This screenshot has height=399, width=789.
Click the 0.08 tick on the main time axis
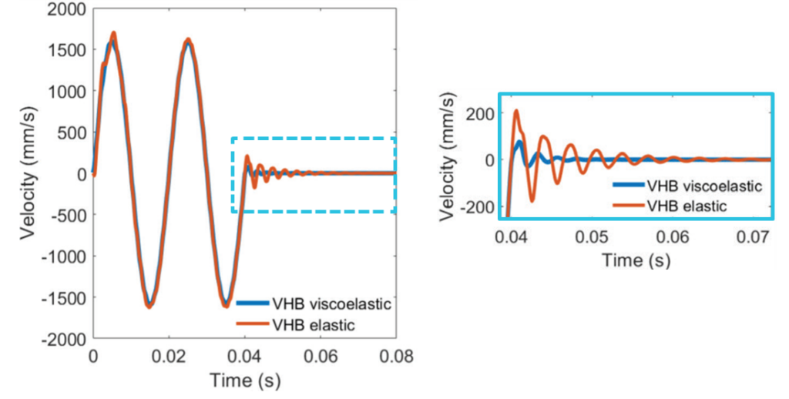[396, 356]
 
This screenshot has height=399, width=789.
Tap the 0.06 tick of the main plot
[321, 356]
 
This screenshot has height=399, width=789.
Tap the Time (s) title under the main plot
[244, 380]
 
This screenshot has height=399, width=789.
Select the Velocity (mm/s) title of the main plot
[29, 174]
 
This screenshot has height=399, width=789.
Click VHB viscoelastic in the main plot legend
[332, 303]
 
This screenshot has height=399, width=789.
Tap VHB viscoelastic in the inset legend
[705, 186]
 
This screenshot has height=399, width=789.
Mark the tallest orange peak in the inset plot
[515, 112]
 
